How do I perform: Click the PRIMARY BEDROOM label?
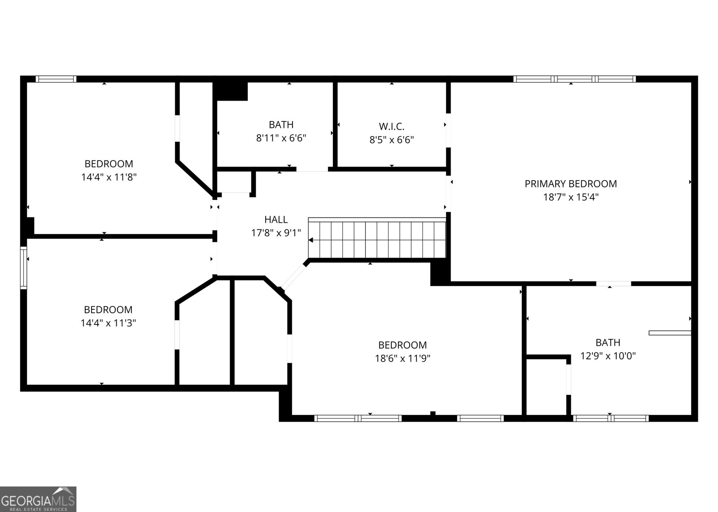pos(570,184)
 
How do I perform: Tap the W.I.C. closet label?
pos(391,126)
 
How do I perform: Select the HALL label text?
pos(276,220)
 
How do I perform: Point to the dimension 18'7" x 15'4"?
pos(570,197)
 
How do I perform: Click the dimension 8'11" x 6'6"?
pos(281,138)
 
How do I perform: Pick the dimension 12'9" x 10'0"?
pos(608,356)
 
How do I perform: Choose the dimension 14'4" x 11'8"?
pos(109,177)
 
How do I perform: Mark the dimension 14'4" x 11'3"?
pos(108,323)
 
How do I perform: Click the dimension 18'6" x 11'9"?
pos(403,358)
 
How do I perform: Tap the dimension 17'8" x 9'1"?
pos(276,233)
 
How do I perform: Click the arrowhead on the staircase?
pos(311,240)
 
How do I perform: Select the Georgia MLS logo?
pos(38,499)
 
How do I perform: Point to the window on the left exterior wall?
pos(23,268)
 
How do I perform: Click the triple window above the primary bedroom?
pos(574,79)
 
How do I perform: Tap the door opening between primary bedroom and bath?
pos(613,283)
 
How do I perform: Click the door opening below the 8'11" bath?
pos(312,169)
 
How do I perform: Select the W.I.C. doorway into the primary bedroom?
pos(448,130)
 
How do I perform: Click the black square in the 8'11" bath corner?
pos(231,91)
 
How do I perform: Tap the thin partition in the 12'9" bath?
pos(670,333)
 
